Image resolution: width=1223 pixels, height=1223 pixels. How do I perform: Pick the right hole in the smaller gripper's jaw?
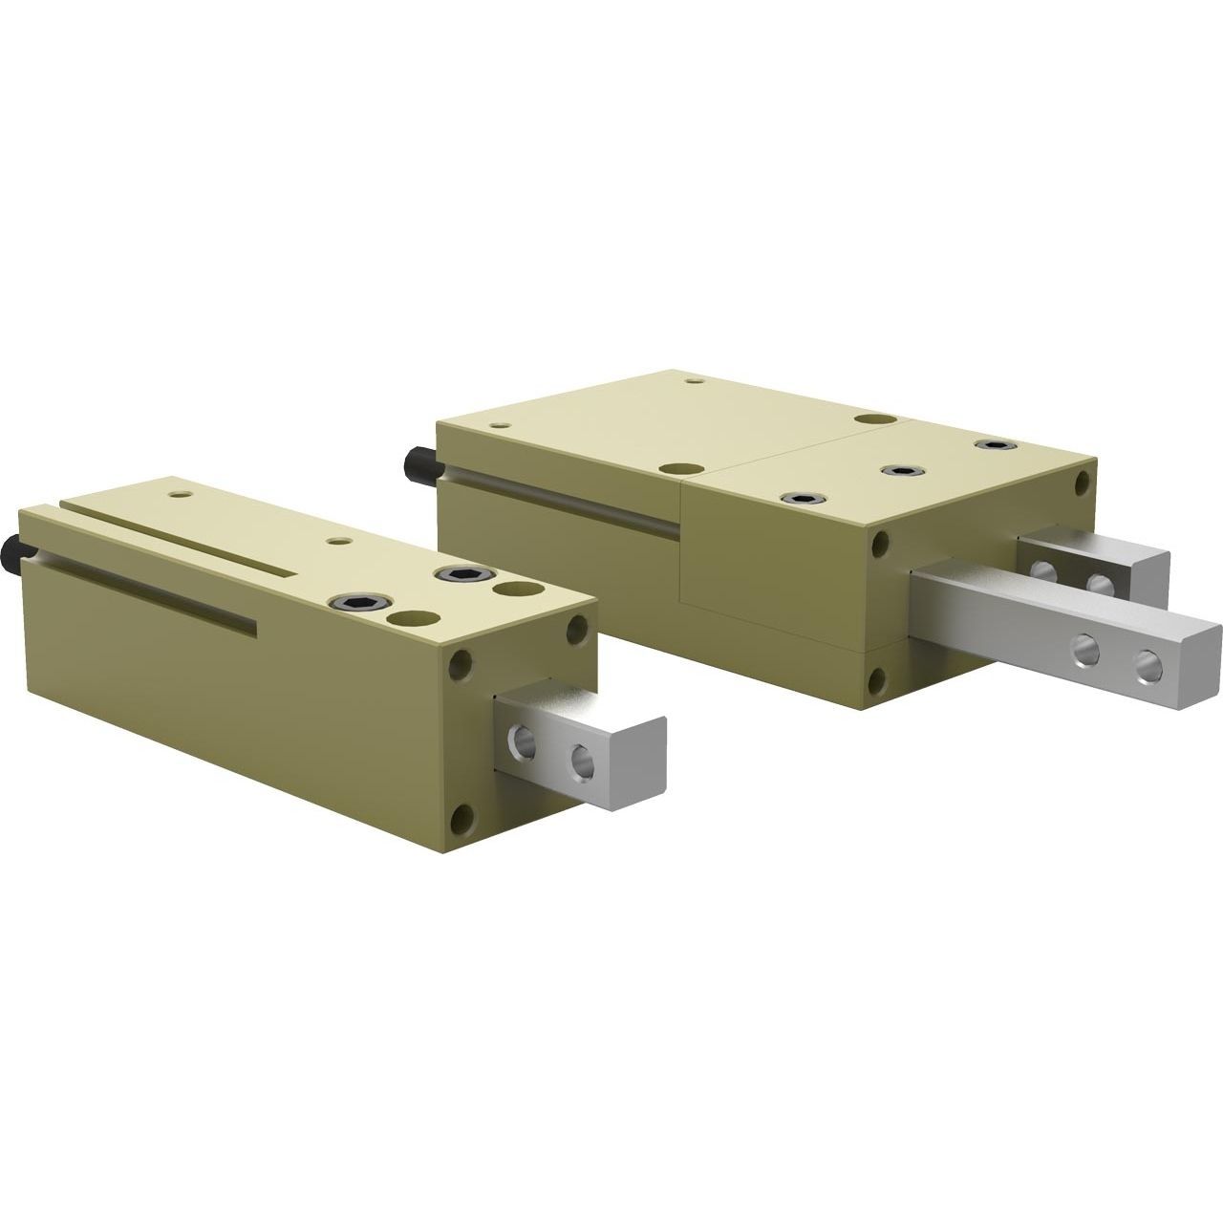580,761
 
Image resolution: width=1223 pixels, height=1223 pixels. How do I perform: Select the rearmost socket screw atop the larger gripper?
993,445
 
